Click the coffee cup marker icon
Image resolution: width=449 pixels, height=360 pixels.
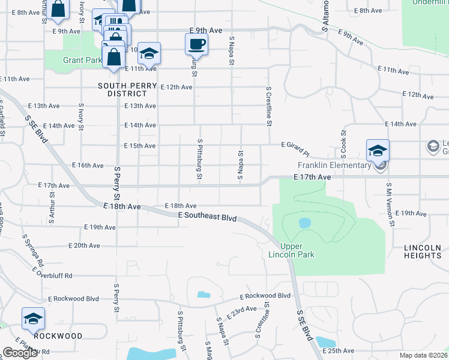pos(197,43)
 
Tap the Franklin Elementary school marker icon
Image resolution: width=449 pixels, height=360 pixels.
pos(378,150)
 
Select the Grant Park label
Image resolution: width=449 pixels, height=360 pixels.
pos(82,60)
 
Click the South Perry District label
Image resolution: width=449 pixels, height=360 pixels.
pos(122,89)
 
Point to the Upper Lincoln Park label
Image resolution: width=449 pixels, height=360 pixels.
pos(297,250)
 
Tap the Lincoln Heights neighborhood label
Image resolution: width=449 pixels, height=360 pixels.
pos(423,251)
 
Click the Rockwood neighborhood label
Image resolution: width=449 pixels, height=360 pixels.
pos(58,336)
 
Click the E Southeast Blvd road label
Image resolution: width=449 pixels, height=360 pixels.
pos(207,215)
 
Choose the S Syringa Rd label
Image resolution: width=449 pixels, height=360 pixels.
pos(33,250)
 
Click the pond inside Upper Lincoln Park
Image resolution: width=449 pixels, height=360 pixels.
pos(305,223)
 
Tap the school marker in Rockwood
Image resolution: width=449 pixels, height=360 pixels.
pos(33,319)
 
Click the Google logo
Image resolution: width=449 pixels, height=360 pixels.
pos(19,353)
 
